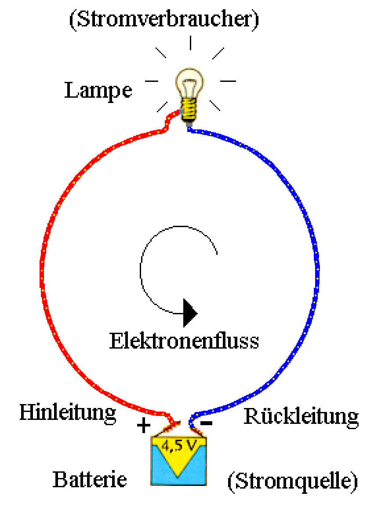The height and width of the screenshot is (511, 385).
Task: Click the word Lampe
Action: click(x=98, y=90)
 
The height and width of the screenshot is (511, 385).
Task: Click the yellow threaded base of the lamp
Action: click(x=190, y=110)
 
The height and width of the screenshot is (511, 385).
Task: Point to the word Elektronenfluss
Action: click(x=184, y=341)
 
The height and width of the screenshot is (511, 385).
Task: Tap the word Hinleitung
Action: click(x=68, y=413)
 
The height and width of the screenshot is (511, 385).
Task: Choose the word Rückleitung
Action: click(x=301, y=416)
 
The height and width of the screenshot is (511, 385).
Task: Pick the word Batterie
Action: click(x=90, y=479)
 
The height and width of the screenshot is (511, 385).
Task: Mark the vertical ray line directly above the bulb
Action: click(x=190, y=43)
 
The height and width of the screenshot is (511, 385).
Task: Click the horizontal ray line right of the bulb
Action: click(x=228, y=81)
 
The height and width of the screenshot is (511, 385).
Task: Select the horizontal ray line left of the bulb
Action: click(x=152, y=81)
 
